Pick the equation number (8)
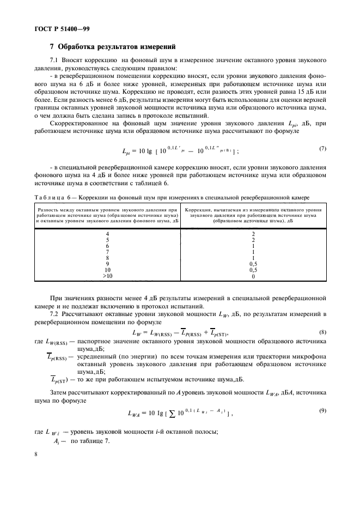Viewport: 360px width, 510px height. [322, 332]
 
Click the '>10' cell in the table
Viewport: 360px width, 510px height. [107, 276]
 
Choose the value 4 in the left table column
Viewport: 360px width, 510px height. [107, 234]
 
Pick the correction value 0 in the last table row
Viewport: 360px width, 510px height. [253, 276]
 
